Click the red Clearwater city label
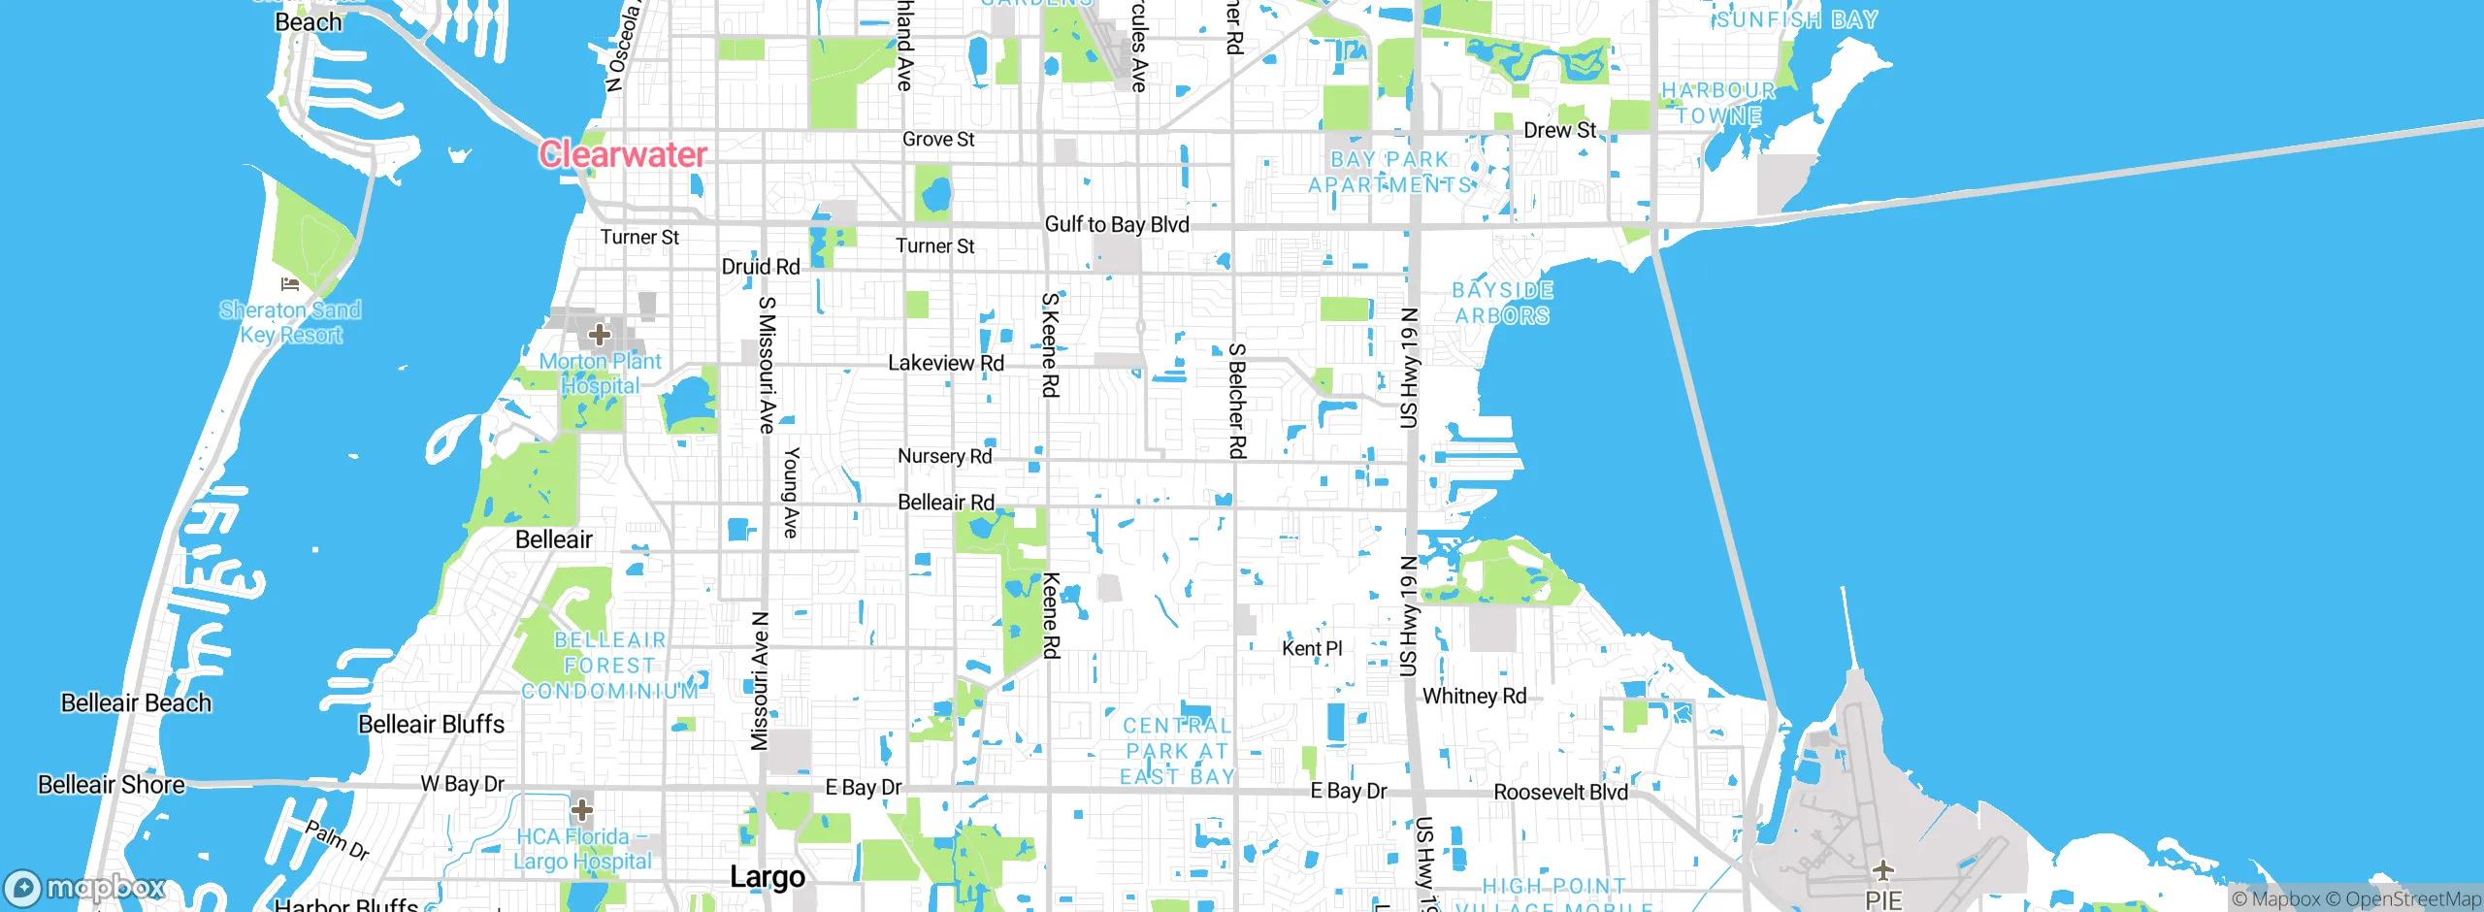(x=623, y=154)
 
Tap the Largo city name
(x=768, y=877)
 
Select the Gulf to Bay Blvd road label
(x=1117, y=224)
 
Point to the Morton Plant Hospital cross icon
(x=600, y=335)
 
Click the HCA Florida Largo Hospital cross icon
(x=582, y=809)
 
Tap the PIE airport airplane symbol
(x=1883, y=869)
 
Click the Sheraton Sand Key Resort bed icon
(x=290, y=284)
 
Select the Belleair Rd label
(x=946, y=502)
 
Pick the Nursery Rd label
(x=944, y=456)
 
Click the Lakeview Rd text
(x=946, y=363)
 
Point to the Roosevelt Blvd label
(x=1560, y=792)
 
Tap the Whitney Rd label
(x=1474, y=696)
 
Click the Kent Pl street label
(x=1312, y=648)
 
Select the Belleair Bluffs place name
(x=432, y=725)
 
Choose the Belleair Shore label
(x=112, y=785)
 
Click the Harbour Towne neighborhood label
(x=1718, y=103)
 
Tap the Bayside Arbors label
(x=1502, y=303)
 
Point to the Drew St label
(x=1559, y=130)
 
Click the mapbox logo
(x=85, y=887)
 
